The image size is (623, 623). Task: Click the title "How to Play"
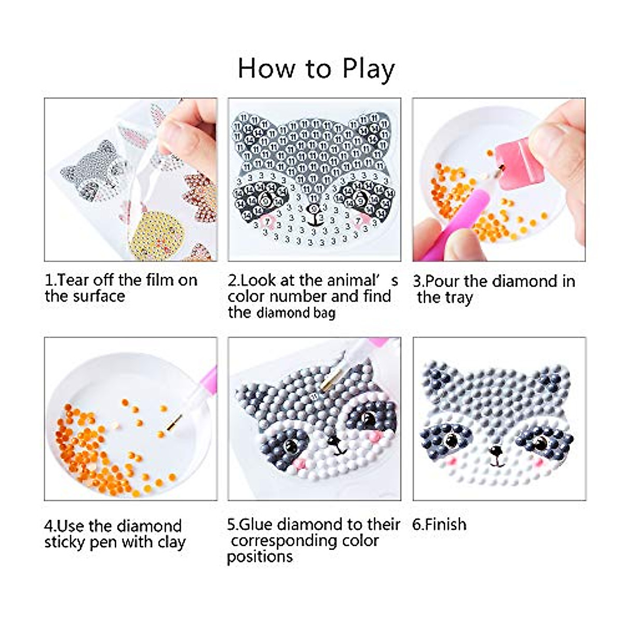click(x=316, y=69)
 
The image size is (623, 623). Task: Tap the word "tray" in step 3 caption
click(x=459, y=298)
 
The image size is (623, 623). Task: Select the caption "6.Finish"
click(x=439, y=524)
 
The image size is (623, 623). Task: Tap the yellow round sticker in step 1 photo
click(x=155, y=233)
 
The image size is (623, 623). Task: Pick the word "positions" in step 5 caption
click(x=260, y=557)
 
